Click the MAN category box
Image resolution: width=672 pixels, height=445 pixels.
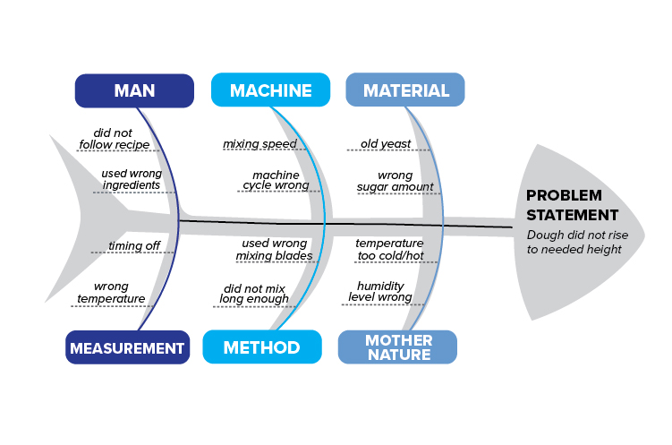[x=134, y=90]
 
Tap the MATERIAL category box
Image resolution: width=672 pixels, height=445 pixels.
[x=405, y=90]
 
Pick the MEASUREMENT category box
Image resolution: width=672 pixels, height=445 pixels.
[x=126, y=347]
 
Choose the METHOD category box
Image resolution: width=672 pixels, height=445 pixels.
[x=261, y=347]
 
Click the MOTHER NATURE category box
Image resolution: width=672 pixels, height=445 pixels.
[x=397, y=347]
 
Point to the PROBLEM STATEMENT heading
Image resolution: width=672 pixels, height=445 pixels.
[x=572, y=205]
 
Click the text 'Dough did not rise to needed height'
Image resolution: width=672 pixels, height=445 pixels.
[x=574, y=243]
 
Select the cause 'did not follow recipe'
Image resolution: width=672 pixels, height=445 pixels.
[x=114, y=138]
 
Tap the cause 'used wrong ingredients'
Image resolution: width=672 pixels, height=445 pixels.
[x=131, y=179]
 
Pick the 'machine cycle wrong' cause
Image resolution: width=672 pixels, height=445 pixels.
[x=276, y=180]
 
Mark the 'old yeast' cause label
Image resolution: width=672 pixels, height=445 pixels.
[x=387, y=143]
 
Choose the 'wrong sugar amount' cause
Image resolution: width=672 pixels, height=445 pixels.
[x=395, y=181]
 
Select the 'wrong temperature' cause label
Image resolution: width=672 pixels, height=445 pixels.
[x=111, y=293]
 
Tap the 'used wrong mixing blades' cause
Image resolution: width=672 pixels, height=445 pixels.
[x=274, y=249]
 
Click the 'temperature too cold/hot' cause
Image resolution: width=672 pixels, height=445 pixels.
[x=389, y=249]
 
